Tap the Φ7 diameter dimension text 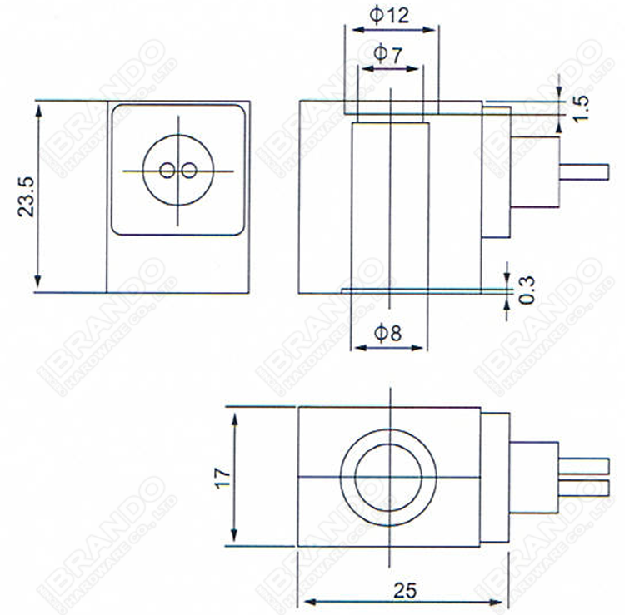pos(389,55)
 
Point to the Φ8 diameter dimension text pos(388,334)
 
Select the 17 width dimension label pos(218,477)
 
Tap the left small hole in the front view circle pos(168,171)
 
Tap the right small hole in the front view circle pos(189,171)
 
